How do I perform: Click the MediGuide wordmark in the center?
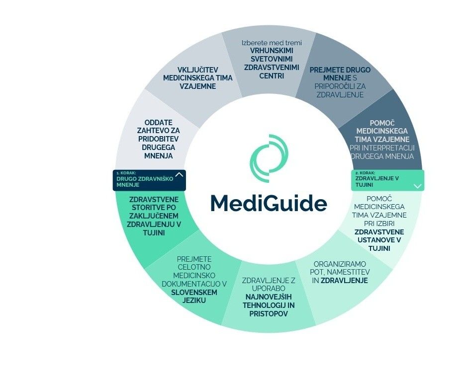269,203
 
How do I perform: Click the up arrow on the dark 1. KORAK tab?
180,174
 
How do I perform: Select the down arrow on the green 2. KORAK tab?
418,186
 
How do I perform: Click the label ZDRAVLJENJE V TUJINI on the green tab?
377,181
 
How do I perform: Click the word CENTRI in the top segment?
272,76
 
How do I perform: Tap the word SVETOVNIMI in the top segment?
272,60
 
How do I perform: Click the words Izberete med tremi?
272,43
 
